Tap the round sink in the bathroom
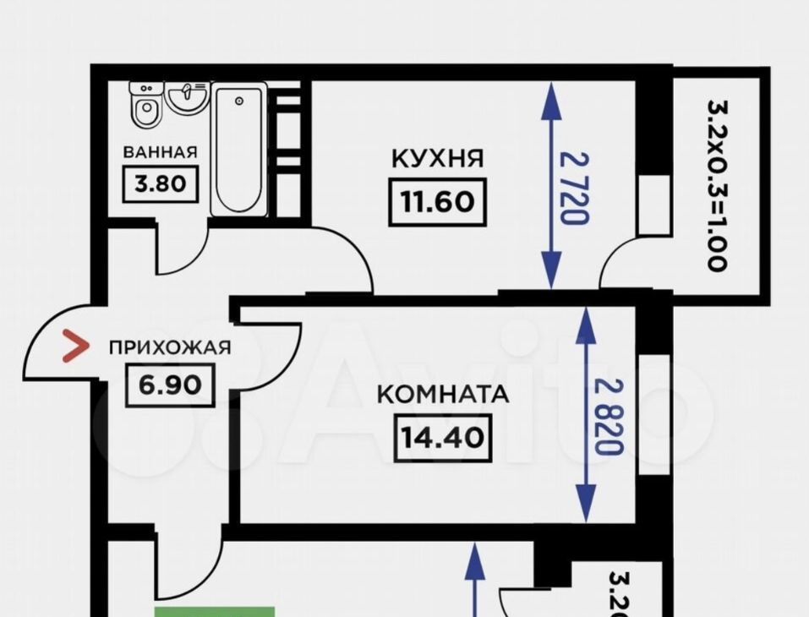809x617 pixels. point(187,97)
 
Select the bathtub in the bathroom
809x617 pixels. point(239,150)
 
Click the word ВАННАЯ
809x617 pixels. point(160,152)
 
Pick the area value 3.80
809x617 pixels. point(161,183)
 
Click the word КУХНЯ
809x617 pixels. point(438,158)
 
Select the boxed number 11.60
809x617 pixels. point(438,202)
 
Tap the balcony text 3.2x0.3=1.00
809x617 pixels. point(718,185)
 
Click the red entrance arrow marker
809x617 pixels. point(75,346)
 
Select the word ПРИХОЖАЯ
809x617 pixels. point(170,347)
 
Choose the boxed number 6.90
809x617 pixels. point(170,385)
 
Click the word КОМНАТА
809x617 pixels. point(443,395)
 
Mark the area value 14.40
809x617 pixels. point(443,438)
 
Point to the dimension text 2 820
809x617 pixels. point(609,417)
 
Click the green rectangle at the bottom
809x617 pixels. point(215,612)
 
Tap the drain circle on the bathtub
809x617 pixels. point(239,101)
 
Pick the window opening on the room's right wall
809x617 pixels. point(654,414)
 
